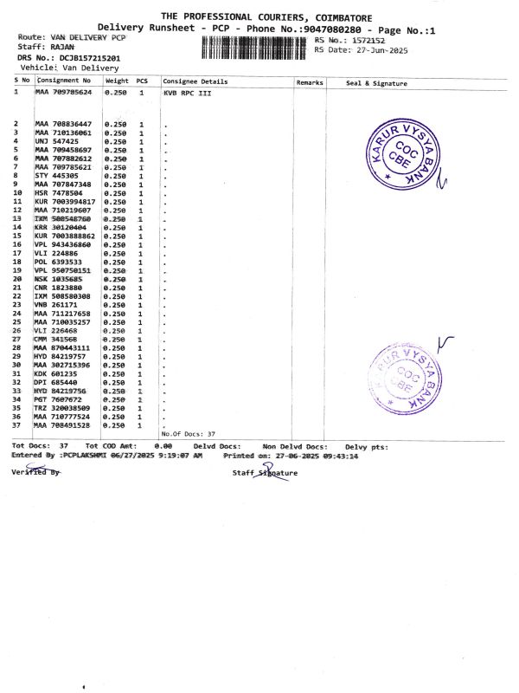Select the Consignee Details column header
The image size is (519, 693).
tap(195, 81)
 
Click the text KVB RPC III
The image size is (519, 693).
tap(187, 91)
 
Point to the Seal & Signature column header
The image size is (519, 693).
tap(375, 82)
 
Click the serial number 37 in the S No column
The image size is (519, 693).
tap(16, 425)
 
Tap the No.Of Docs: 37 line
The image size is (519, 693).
tap(188, 433)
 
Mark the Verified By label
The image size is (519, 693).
tap(35, 472)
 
